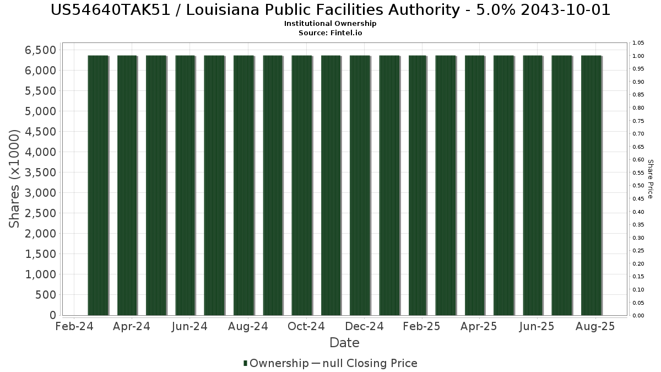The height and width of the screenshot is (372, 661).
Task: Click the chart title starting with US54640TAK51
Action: [330, 10]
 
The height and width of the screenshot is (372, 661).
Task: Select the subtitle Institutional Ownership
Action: [330, 24]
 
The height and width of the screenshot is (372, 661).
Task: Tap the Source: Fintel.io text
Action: [330, 33]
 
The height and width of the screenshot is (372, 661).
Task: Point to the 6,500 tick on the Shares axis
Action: [41, 50]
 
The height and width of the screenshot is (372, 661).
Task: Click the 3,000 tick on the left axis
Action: [41, 193]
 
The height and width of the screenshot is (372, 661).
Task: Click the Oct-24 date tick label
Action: [307, 326]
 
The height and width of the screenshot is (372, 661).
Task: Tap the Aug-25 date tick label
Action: [595, 326]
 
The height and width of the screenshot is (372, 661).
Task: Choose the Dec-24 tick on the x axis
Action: [365, 326]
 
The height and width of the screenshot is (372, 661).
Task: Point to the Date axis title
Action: [344, 343]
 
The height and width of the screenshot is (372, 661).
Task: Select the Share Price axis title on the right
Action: [650, 179]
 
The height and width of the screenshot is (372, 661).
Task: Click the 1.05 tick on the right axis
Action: [638, 43]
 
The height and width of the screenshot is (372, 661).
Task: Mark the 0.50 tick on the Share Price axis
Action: [638, 186]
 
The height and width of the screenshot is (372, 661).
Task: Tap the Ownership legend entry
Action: [276, 363]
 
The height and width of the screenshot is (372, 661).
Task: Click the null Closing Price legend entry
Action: [364, 363]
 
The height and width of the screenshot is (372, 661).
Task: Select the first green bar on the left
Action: [98, 185]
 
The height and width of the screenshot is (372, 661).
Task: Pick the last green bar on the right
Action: [591, 185]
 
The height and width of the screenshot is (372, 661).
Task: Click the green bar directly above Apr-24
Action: [127, 185]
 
